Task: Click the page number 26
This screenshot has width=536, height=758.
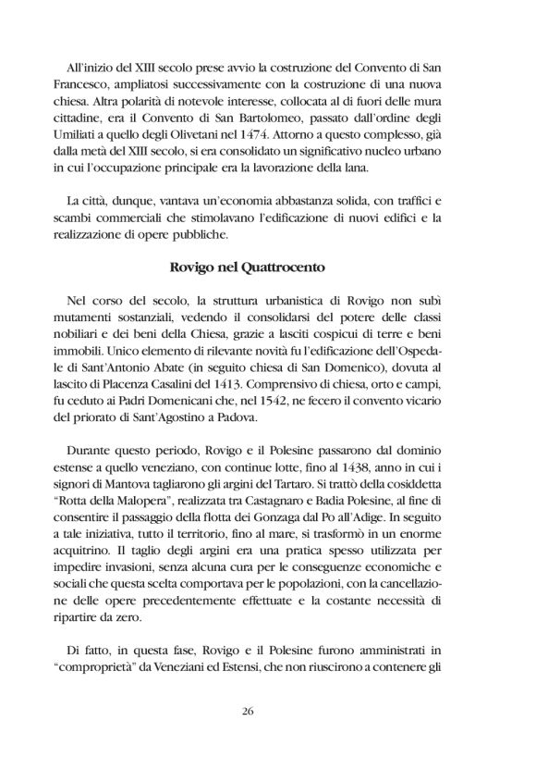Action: pyautogui.click(x=267, y=710)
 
